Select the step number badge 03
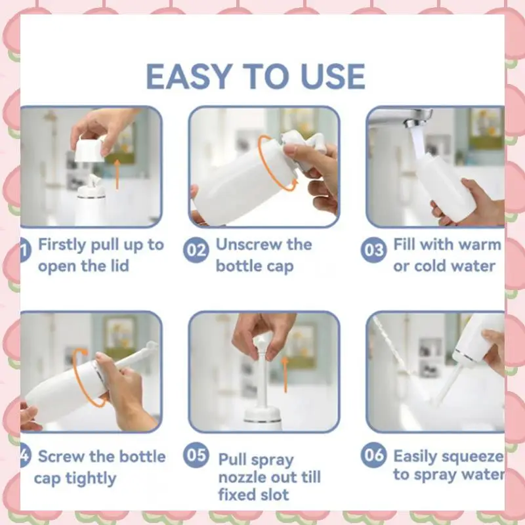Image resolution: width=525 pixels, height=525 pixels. click(373, 250)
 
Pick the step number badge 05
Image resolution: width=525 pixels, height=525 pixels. click(196, 455)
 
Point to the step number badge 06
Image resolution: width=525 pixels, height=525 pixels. click(373, 455)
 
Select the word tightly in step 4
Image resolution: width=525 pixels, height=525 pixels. click(91, 478)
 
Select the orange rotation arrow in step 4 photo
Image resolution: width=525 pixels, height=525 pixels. click(82, 377)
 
